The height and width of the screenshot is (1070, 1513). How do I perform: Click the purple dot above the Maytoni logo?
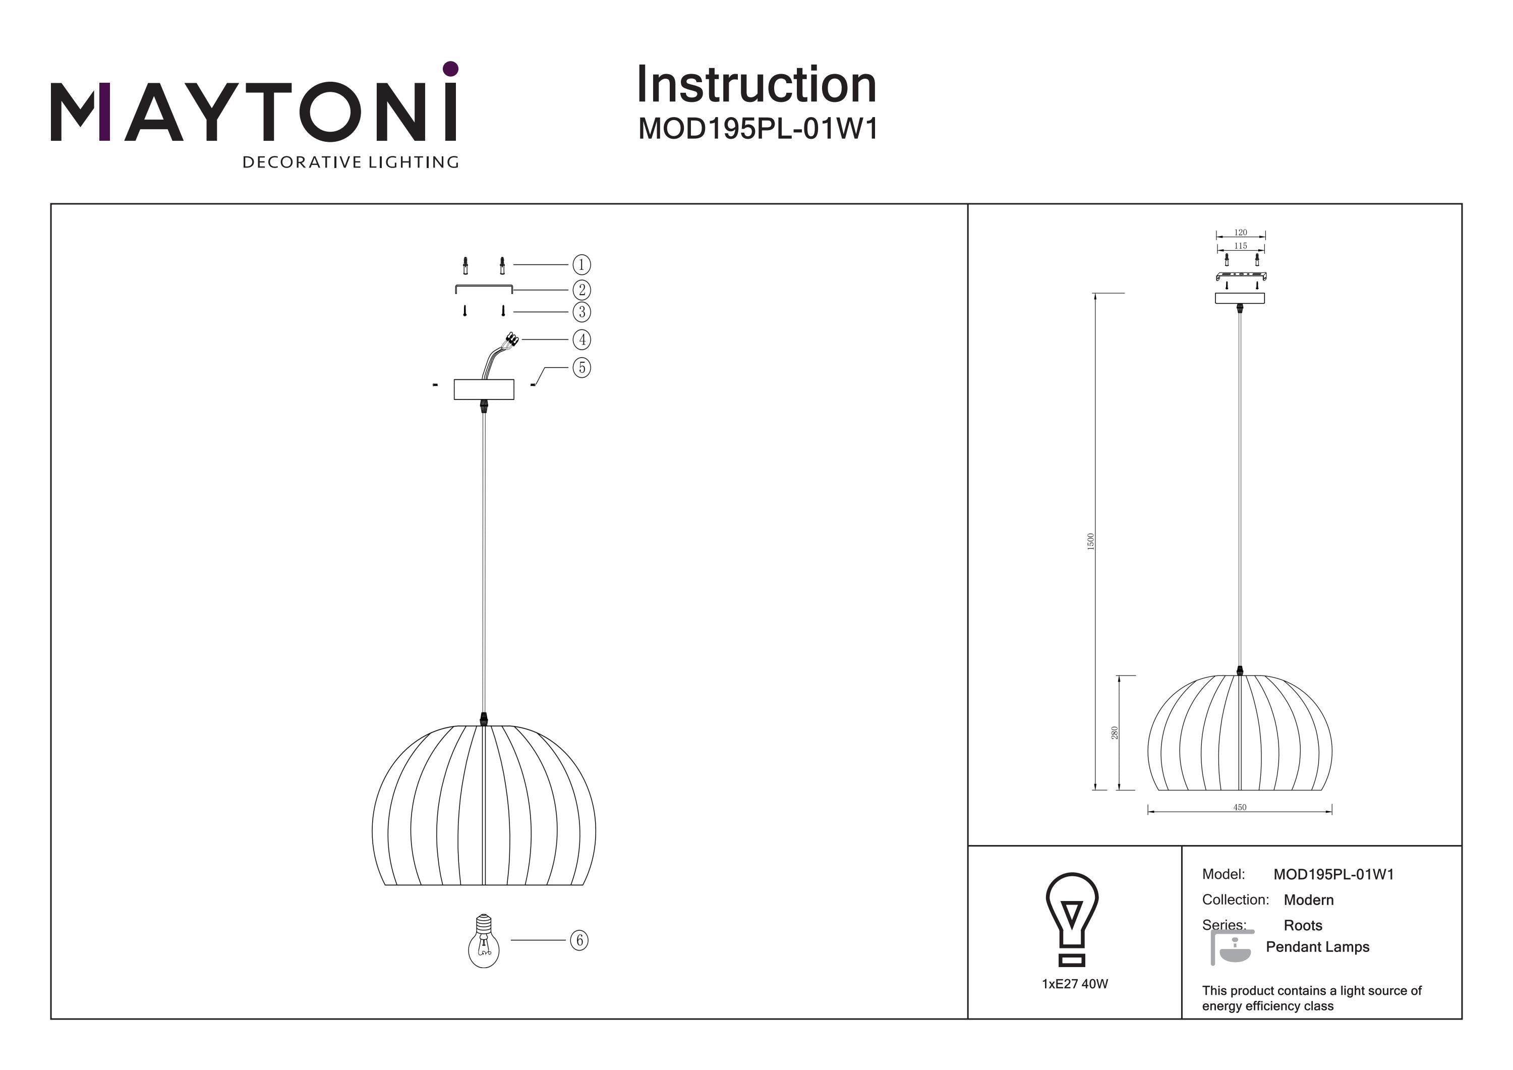point(451,69)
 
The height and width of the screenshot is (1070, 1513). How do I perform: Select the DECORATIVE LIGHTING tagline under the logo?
point(351,162)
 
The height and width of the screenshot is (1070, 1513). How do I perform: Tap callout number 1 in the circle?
point(581,265)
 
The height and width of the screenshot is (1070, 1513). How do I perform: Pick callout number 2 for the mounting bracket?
point(581,290)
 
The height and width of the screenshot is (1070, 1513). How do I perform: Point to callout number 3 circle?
point(581,312)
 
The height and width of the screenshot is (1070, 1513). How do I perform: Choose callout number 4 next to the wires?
point(581,340)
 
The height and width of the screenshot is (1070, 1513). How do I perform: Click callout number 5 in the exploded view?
point(581,367)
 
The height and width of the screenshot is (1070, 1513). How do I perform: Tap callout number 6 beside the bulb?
point(579,940)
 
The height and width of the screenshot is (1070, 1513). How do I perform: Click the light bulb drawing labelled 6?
point(484,941)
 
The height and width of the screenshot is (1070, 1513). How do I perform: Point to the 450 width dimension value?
point(1240,808)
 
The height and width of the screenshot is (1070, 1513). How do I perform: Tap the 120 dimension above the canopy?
point(1241,233)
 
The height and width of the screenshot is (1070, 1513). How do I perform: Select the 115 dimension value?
point(1241,246)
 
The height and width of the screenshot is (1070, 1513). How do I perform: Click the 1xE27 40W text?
point(1075,984)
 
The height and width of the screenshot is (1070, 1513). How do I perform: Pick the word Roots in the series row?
point(1303,926)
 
